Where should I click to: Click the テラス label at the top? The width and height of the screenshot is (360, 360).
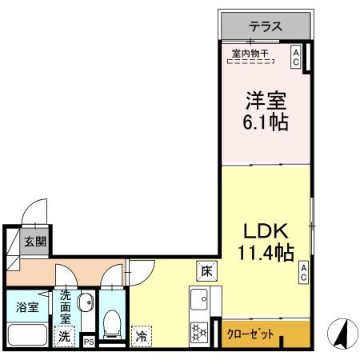[x=265, y=26]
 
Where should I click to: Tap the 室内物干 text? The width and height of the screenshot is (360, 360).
[x=250, y=54]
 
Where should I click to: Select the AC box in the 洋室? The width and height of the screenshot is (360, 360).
[x=296, y=57]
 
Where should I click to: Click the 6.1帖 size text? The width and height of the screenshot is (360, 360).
[x=265, y=122]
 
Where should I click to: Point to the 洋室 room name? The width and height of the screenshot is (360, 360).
[x=265, y=102]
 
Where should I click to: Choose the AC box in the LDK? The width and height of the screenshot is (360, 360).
[x=305, y=273]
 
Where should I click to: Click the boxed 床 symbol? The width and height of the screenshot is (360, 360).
[x=205, y=270]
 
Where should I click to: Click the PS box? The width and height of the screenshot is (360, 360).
[x=89, y=342]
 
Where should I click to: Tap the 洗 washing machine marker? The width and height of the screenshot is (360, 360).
[x=63, y=338]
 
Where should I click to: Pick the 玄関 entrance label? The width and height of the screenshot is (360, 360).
[x=34, y=242]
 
